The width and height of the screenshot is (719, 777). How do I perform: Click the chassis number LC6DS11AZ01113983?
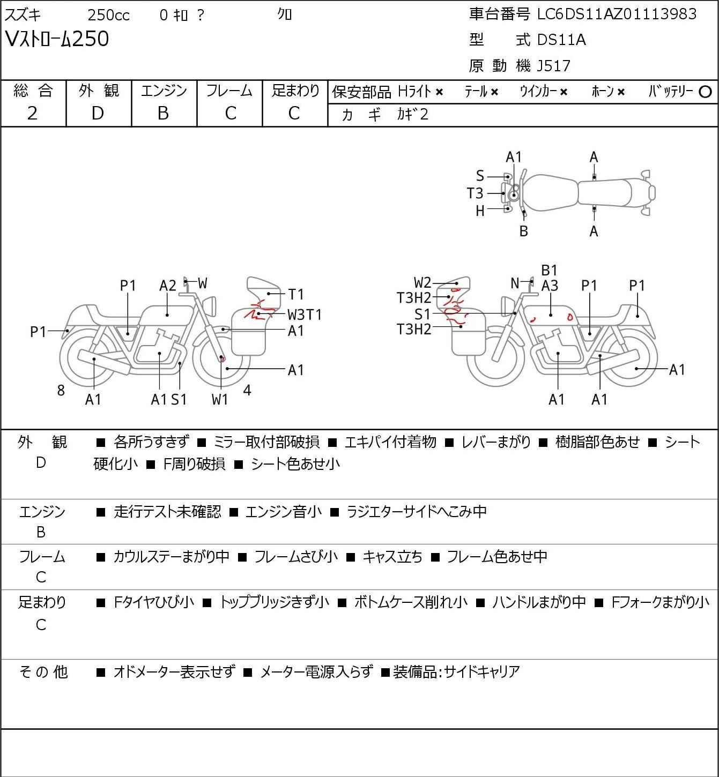click(617, 14)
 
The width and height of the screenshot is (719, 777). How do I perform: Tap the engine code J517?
click(551, 66)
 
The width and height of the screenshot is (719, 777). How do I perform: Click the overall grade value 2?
click(33, 113)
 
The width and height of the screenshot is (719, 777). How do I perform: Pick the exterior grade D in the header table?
click(98, 113)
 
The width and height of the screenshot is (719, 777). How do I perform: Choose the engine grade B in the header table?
click(164, 113)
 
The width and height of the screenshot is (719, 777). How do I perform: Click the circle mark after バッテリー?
click(705, 92)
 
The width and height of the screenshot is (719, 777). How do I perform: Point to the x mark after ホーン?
click(621, 92)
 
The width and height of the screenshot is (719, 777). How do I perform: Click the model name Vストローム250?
click(57, 39)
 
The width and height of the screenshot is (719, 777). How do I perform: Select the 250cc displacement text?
click(108, 15)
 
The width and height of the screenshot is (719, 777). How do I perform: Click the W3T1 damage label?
click(304, 314)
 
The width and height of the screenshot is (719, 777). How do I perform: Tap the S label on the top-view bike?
click(480, 176)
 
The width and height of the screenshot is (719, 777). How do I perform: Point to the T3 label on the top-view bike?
click(475, 193)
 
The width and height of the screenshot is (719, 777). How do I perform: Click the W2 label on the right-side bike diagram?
click(422, 282)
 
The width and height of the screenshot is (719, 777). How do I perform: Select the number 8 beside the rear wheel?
click(61, 391)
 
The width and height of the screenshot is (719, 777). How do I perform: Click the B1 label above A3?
click(549, 271)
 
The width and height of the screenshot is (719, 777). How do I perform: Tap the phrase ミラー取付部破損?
click(266, 442)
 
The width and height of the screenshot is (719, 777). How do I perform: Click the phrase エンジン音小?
click(283, 512)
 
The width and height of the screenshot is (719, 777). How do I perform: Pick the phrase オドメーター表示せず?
click(174, 671)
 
